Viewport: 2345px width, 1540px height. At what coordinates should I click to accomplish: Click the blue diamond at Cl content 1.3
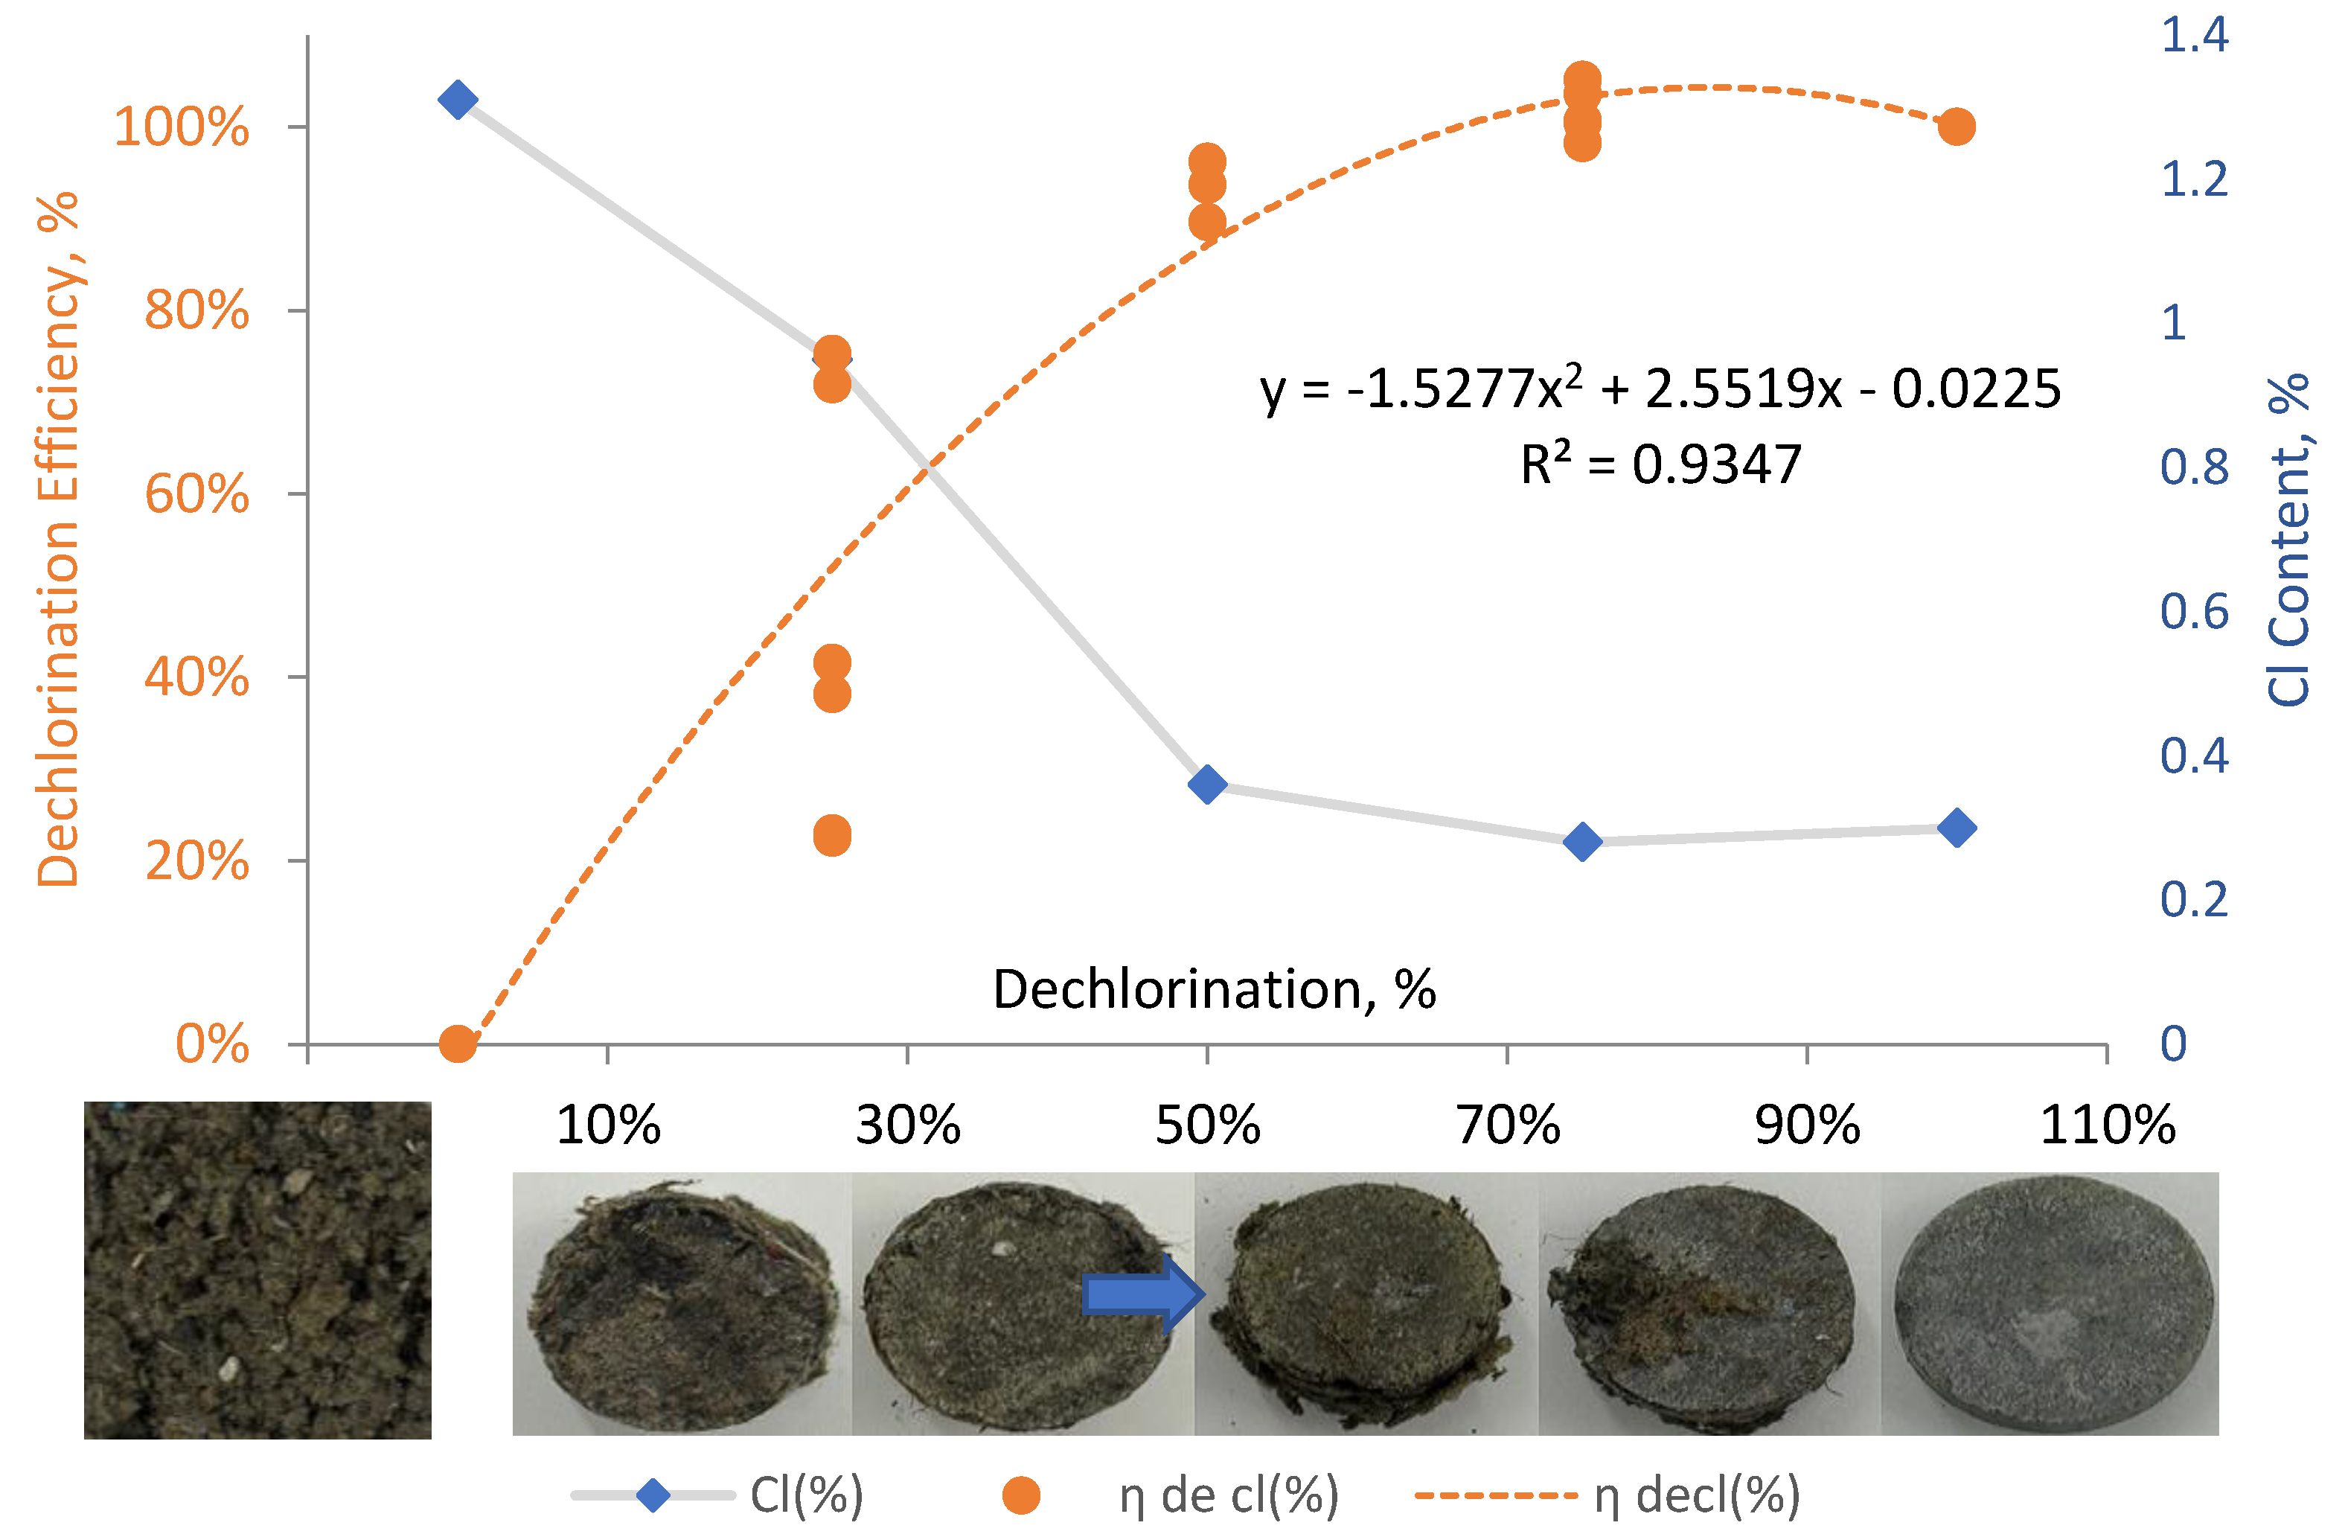[457, 100]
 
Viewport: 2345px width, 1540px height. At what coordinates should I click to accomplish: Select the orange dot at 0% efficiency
[457, 1044]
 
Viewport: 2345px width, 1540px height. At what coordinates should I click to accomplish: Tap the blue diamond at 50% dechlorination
[1207, 785]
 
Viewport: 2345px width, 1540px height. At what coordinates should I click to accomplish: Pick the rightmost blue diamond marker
[1956, 828]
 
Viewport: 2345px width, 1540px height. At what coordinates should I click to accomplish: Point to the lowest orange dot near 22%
[831, 836]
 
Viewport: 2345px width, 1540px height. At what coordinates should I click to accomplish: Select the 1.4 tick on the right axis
[2193, 36]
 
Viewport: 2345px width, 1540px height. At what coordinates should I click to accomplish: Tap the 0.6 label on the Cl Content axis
[2193, 612]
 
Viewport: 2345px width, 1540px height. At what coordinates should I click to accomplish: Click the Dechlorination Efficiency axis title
[57, 539]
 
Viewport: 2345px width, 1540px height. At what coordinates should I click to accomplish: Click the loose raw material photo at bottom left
[257, 1270]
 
